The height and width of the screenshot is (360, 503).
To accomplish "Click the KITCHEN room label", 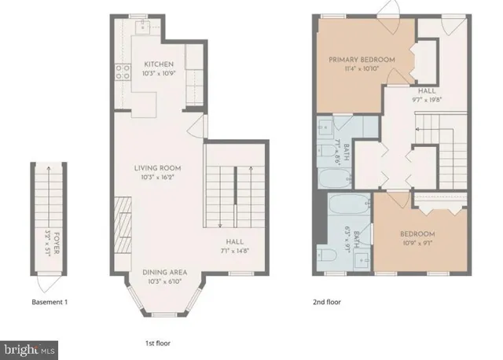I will click(159, 64).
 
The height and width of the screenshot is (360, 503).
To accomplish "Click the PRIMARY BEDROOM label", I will click(362, 59).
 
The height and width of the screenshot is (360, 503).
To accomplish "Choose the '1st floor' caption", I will click(157, 343).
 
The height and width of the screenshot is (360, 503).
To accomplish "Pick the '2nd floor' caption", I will click(327, 302).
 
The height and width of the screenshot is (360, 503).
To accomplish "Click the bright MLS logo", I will click(29, 346).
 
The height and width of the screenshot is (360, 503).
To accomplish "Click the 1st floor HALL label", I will click(233, 242).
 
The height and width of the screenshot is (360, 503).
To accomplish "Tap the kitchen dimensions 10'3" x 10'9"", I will click(159, 74).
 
